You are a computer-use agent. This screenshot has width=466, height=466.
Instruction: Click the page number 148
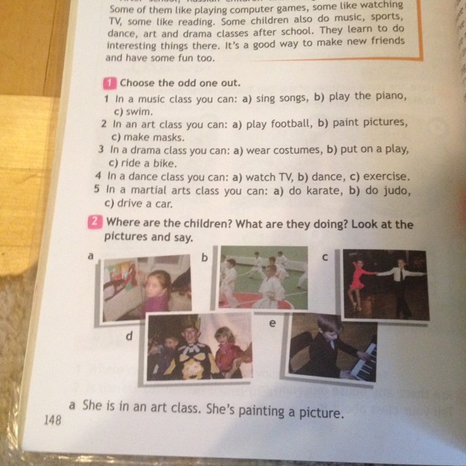click(x=52, y=420)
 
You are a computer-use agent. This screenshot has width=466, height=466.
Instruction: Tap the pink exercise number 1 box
click(x=110, y=83)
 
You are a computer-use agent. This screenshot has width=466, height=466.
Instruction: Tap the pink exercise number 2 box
click(x=95, y=222)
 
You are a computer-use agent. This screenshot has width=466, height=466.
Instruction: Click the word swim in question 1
click(x=139, y=111)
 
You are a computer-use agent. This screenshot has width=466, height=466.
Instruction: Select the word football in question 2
click(x=292, y=123)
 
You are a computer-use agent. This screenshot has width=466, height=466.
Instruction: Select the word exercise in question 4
click(x=387, y=176)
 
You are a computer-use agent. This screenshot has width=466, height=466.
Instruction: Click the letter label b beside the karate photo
click(x=205, y=257)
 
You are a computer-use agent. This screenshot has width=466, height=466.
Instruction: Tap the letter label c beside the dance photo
click(x=325, y=257)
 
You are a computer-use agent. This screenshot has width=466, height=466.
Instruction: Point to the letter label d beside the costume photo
click(x=130, y=336)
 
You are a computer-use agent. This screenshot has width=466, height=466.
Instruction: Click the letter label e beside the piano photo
click(x=272, y=323)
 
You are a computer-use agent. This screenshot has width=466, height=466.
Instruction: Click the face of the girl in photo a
click(x=157, y=287)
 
